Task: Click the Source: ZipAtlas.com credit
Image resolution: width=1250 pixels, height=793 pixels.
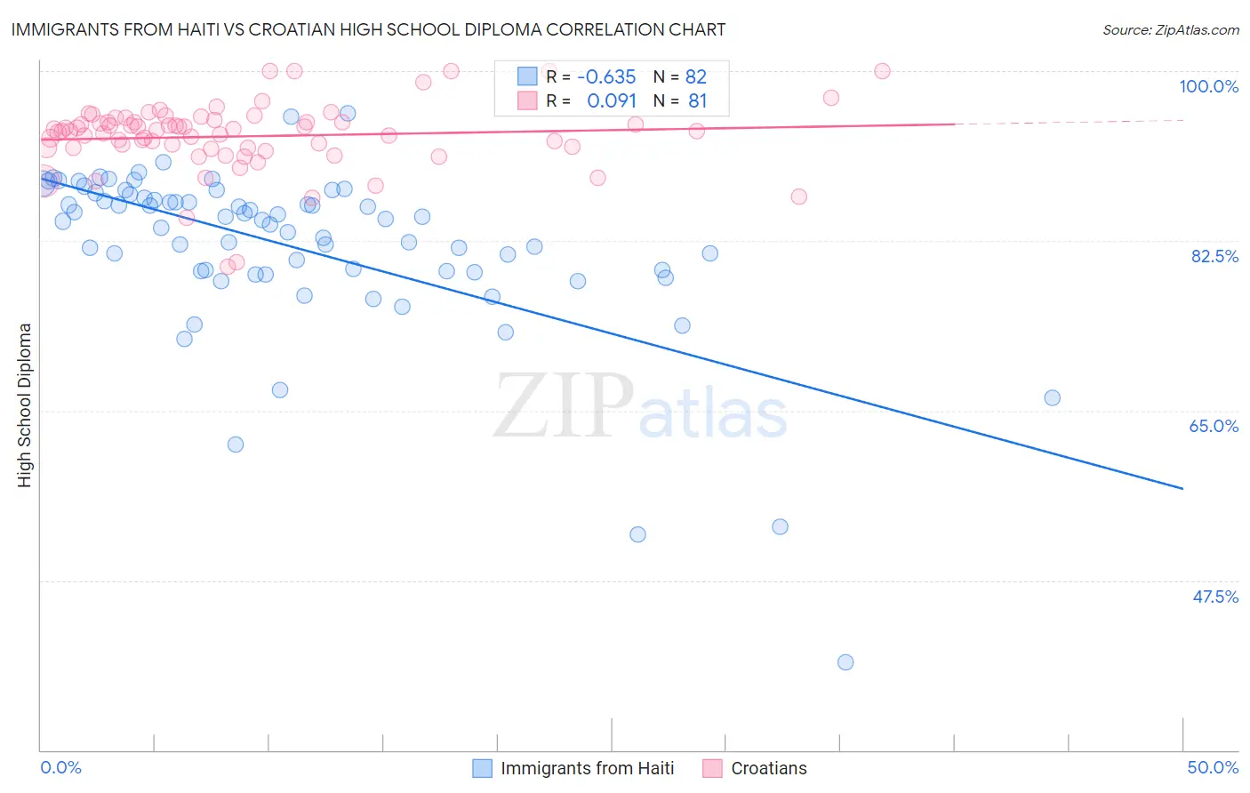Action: [x=1170, y=29]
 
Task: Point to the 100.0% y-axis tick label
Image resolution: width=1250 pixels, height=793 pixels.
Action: [x=1208, y=86]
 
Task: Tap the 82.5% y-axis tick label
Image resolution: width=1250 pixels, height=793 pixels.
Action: [x=1214, y=256]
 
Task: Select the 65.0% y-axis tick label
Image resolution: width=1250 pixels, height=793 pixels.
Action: [x=1214, y=426]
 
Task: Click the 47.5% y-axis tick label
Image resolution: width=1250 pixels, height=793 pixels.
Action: [x=1214, y=597]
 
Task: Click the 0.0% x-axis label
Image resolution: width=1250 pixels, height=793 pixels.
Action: [x=60, y=767]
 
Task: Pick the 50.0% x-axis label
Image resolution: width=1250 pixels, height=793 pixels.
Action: [x=1213, y=767]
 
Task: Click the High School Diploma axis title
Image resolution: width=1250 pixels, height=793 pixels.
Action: [x=25, y=405]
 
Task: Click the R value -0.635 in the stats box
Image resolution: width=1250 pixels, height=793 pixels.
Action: [x=606, y=76]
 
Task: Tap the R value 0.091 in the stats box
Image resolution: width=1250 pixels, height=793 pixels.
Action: [x=612, y=100]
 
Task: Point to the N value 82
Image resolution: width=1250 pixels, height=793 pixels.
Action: [x=696, y=76]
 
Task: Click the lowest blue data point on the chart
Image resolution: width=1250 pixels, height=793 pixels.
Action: [x=845, y=662]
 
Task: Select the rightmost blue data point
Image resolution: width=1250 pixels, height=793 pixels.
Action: [x=1052, y=397]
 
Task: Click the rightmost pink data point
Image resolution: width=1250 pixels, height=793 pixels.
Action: [x=882, y=71]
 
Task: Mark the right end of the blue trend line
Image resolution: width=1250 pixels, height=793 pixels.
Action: [x=1182, y=488]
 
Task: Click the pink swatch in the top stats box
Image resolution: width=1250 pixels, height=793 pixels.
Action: [x=527, y=100]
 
